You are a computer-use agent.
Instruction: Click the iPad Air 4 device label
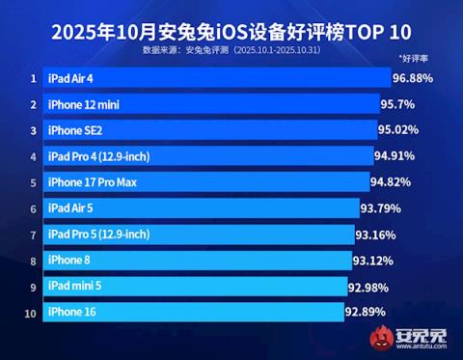[x=71, y=78]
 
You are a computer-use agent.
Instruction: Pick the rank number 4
[x=33, y=156]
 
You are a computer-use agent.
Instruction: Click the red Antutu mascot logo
[x=389, y=339]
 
